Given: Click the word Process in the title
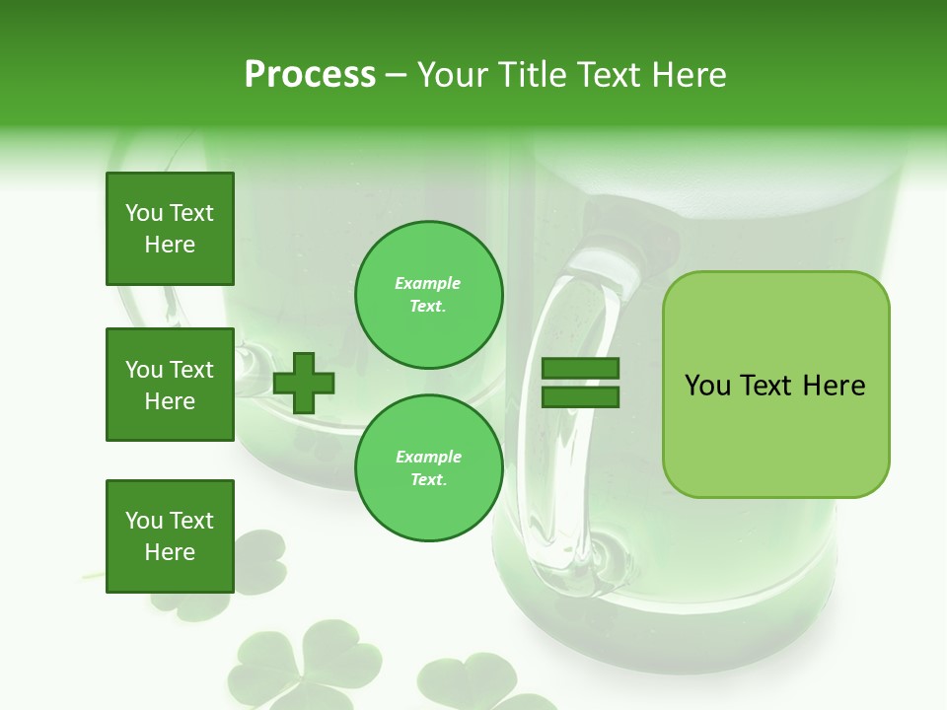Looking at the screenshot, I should pyautogui.click(x=310, y=75).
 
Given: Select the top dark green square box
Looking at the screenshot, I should pyautogui.click(x=170, y=229).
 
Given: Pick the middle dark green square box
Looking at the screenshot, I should pyautogui.click(x=170, y=385).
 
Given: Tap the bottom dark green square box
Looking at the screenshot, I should pyautogui.click(x=170, y=535).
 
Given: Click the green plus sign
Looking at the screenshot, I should pyautogui.click(x=304, y=383).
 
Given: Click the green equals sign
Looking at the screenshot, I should pyautogui.click(x=581, y=383).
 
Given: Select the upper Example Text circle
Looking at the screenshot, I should pyautogui.click(x=429, y=295).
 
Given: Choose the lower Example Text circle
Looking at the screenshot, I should pyautogui.click(x=429, y=468).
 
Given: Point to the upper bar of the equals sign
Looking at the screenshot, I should pyautogui.click(x=581, y=369).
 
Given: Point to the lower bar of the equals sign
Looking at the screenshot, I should pyautogui.click(x=581, y=396).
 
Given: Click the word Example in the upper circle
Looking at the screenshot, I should pyautogui.click(x=428, y=283).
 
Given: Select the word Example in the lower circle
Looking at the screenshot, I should pyautogui.click(x=428, y=457).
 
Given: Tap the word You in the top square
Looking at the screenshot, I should pyautogui.click(x=144, y=213).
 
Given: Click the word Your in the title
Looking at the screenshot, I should pyautogui.click(x=452, y=75).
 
